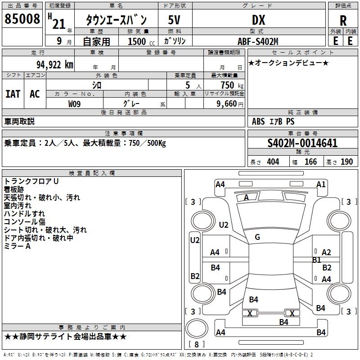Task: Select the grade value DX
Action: tap(258, 20)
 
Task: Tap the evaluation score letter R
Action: tap(343, 20)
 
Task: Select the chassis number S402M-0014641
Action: tap(302, 143)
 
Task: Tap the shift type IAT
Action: tap(13, 94)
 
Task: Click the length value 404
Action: tap(273, 162)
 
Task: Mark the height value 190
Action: tap(347, 162)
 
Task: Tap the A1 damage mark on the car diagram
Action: tap(321, 184)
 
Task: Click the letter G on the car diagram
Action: tap(257, 237)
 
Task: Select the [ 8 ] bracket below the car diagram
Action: tap(197, 345)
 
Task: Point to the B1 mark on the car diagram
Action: tap(316, 260)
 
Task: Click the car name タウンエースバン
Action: tap(117, 20)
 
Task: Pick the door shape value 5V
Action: tap(175, 20)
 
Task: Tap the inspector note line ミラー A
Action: tap(17, 246)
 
